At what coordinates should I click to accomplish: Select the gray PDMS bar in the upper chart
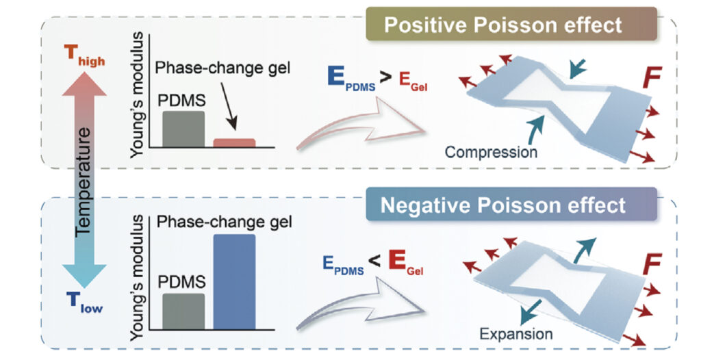click(183, 129)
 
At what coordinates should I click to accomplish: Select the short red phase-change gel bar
click(234, 142)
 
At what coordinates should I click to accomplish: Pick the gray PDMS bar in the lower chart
click(183, 311)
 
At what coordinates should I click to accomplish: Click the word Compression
click(491, 151)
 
